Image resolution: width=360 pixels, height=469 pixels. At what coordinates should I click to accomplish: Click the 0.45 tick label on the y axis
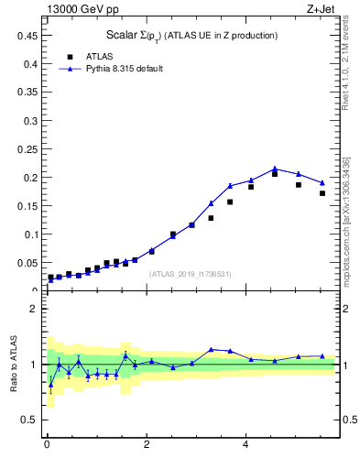[27, 36]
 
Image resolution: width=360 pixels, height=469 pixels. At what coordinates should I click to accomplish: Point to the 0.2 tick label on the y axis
[29, 178]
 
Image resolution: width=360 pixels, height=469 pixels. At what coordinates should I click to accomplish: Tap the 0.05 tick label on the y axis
[27, 263]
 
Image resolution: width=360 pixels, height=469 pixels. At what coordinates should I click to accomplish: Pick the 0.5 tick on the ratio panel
[29, 420]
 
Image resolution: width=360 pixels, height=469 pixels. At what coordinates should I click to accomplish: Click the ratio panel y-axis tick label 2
[34, 309]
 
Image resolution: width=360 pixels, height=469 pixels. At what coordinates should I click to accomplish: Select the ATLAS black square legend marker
[68, 57]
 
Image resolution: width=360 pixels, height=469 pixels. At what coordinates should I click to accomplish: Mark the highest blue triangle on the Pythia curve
[275, 169]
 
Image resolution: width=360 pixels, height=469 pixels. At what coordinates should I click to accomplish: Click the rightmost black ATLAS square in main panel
[322, 193]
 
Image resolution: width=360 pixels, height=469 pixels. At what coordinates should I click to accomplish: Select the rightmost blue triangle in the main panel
[322, 181]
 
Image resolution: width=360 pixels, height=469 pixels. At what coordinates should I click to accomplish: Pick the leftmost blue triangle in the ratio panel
[50, 385]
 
